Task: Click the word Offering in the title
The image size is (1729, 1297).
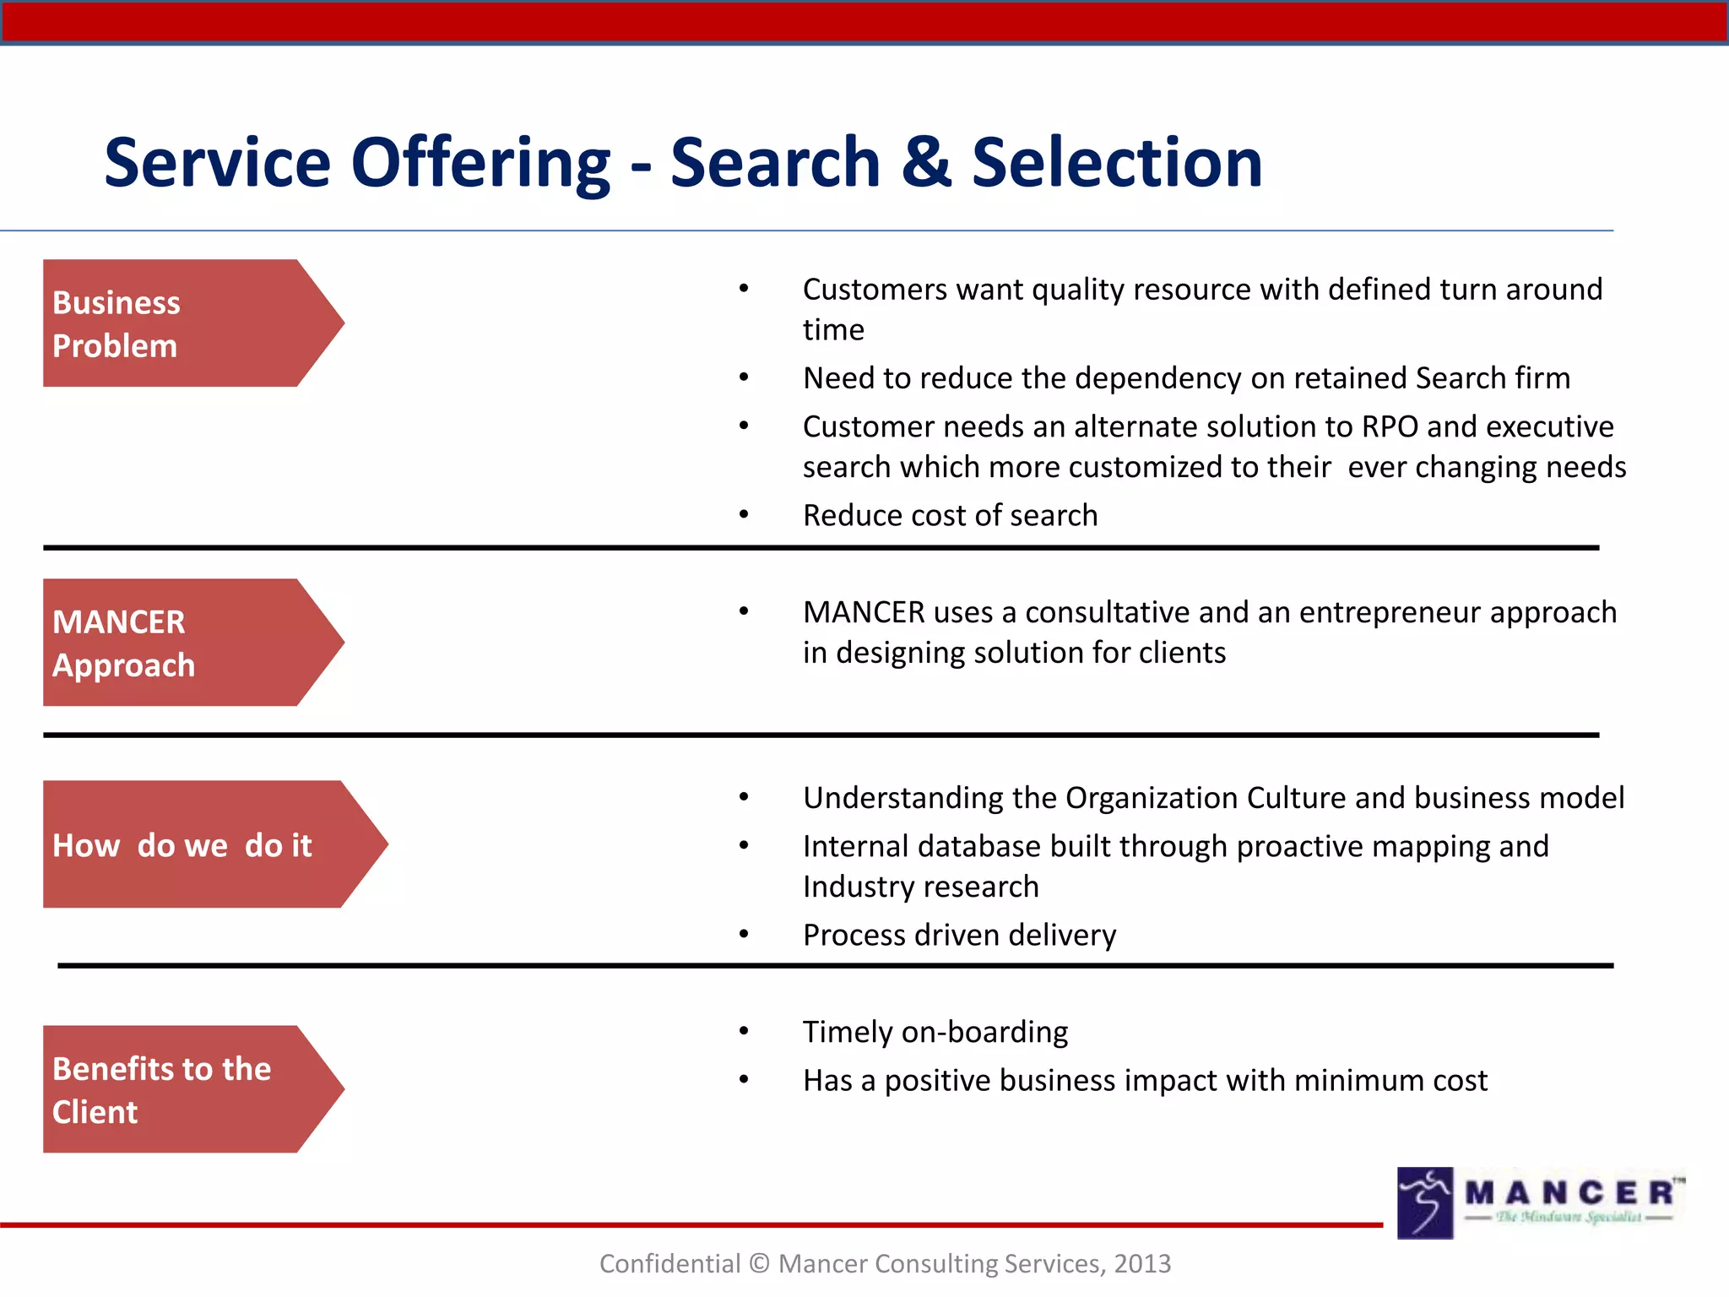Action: pyautogui.click(x=480, y=162)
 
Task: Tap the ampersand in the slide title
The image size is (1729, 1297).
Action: pyautogui.click(x=926, y=162)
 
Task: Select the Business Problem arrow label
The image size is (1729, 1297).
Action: pyautogui.click(x=177, y=323)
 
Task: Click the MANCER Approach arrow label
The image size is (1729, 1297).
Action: pyautogui.click(x=177, y=643)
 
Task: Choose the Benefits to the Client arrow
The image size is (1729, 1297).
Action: pyautogui.click(x=177, y=1089)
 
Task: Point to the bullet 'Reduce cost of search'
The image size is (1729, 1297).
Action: pyautogui.click(x=950, y=515)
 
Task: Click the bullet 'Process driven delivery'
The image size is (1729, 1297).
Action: pyautogui.click(x=959, y=935)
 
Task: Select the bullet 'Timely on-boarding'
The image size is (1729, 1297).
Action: pyautogui.click(x=935, y=1032)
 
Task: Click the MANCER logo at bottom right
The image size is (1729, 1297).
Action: pyautogui.click(x=1538, y=1202)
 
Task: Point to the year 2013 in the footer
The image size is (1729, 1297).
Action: pyautogui.click(x=1141, y=1263)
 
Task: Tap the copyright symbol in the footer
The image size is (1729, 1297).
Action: pyautogui.click(x=759, y=1263)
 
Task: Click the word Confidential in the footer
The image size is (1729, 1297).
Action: pyautogui.click(x=669, y=1263)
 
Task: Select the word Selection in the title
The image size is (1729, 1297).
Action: pyautogui.click(x=1116, y=162)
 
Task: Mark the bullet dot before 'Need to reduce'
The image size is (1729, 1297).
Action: pyautogui.click(x=744, y=377)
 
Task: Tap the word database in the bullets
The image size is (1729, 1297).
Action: pyautogui.click(x=952, y=846)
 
